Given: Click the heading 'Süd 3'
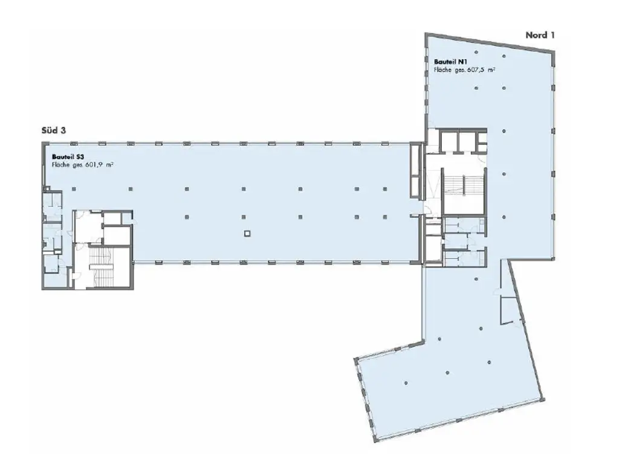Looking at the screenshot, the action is (x=54, y=130).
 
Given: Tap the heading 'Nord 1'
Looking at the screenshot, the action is (x=540, y=35).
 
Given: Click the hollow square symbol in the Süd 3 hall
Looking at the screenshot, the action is (x=247, y=233).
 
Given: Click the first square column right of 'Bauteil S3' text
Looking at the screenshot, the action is (x=131, y=189).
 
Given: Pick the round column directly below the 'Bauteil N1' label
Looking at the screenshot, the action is (x=476, y=88).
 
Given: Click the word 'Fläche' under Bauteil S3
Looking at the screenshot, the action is (x=60, y=165).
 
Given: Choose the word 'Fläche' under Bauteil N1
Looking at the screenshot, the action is (x=442, y=70).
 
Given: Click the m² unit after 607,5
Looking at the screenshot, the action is (x=491, y=69).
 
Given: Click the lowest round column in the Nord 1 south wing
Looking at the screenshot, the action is (x=406, y=383).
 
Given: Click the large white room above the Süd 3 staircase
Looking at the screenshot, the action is (x=88, y=228).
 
